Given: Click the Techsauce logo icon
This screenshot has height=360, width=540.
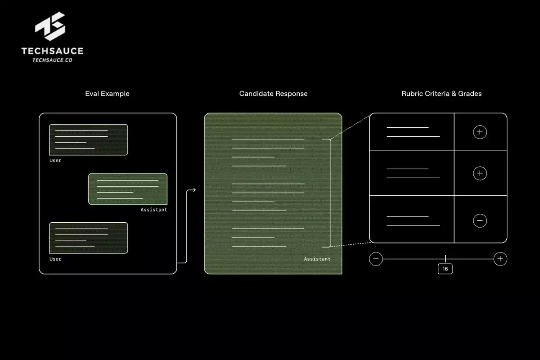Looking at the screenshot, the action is tap(50, 29).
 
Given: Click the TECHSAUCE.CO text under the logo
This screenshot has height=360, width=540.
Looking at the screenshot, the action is tap(52, 60).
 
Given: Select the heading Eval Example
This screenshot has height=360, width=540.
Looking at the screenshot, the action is tap(107, 94).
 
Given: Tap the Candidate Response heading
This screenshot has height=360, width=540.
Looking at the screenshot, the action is tap(273, 94).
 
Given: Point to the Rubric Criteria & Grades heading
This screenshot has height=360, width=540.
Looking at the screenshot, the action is tap(441, 94).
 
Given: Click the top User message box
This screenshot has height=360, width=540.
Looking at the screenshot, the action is tap(88, 139).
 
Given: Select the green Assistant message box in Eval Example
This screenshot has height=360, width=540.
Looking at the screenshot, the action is tap(128, 189).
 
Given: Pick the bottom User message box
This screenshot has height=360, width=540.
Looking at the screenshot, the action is tap(88, 238).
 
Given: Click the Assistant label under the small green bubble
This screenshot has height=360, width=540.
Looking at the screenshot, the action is tap(153, 210).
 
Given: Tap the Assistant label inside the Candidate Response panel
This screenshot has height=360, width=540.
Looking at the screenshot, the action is tap(317, 259).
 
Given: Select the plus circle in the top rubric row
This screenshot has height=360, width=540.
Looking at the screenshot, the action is tap(480, 132).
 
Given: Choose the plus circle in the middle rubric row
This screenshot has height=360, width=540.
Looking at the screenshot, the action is tap(480, 173).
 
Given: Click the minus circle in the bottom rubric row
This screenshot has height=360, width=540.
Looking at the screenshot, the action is tap(480, 220).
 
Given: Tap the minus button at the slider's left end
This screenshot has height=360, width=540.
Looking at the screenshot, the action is tap(376, 259).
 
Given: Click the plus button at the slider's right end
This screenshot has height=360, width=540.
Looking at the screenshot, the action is tap(500, 259).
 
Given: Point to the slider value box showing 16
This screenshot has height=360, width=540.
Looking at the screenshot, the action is tap(445, 269).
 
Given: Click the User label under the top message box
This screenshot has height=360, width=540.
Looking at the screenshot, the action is tap(55, 161).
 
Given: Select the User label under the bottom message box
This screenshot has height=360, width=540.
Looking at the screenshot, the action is tap(55, 259).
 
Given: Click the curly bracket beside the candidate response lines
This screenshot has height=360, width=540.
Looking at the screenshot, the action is tap(330, 193).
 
